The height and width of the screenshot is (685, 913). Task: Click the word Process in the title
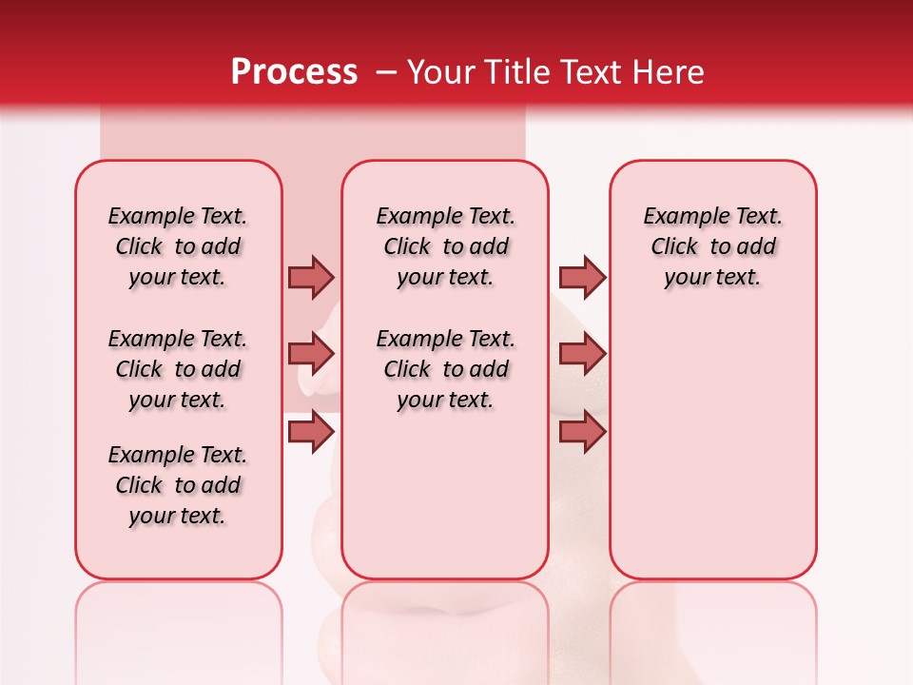coord(294,71)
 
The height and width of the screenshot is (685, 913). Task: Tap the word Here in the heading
coord(669,71)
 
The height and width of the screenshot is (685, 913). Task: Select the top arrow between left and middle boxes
coord(311,277)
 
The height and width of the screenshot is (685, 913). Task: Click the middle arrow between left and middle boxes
coord(311,354)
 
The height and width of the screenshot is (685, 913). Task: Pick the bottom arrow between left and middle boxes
coord(311,432)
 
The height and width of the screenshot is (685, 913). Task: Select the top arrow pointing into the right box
coord(582,277)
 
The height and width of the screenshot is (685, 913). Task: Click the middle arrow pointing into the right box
coord(582,354)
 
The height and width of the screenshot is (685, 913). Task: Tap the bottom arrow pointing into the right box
coord(582,432)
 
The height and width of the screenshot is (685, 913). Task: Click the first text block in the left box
coord(178,246)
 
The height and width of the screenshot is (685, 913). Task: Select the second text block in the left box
coord(178,369)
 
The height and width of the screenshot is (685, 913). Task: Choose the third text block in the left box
coord(178,485)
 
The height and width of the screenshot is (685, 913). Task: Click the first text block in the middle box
coord(445,246)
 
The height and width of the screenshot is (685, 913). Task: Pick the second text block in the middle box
coord(445,369)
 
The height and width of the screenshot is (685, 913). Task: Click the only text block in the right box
coord(712,246)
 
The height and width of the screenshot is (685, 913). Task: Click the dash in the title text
coord(386,72)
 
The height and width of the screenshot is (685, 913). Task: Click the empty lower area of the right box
coord(712,457)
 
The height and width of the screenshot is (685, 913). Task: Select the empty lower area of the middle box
coord(445,495)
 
